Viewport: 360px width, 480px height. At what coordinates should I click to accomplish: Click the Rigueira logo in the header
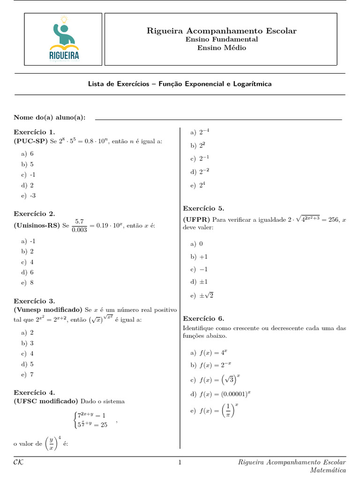coord(63,39)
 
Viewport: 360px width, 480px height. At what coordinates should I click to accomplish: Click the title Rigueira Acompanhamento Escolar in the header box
coord(222,31)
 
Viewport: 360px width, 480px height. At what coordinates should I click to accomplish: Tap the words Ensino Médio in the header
coord(221,48)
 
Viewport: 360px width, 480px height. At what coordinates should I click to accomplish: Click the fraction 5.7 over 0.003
coord(79,225)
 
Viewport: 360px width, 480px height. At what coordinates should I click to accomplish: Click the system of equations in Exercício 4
coord(92,420)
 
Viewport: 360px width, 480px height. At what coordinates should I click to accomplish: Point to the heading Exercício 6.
coord(203,318)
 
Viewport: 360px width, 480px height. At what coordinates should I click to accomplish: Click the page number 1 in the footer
coord(180,463)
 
